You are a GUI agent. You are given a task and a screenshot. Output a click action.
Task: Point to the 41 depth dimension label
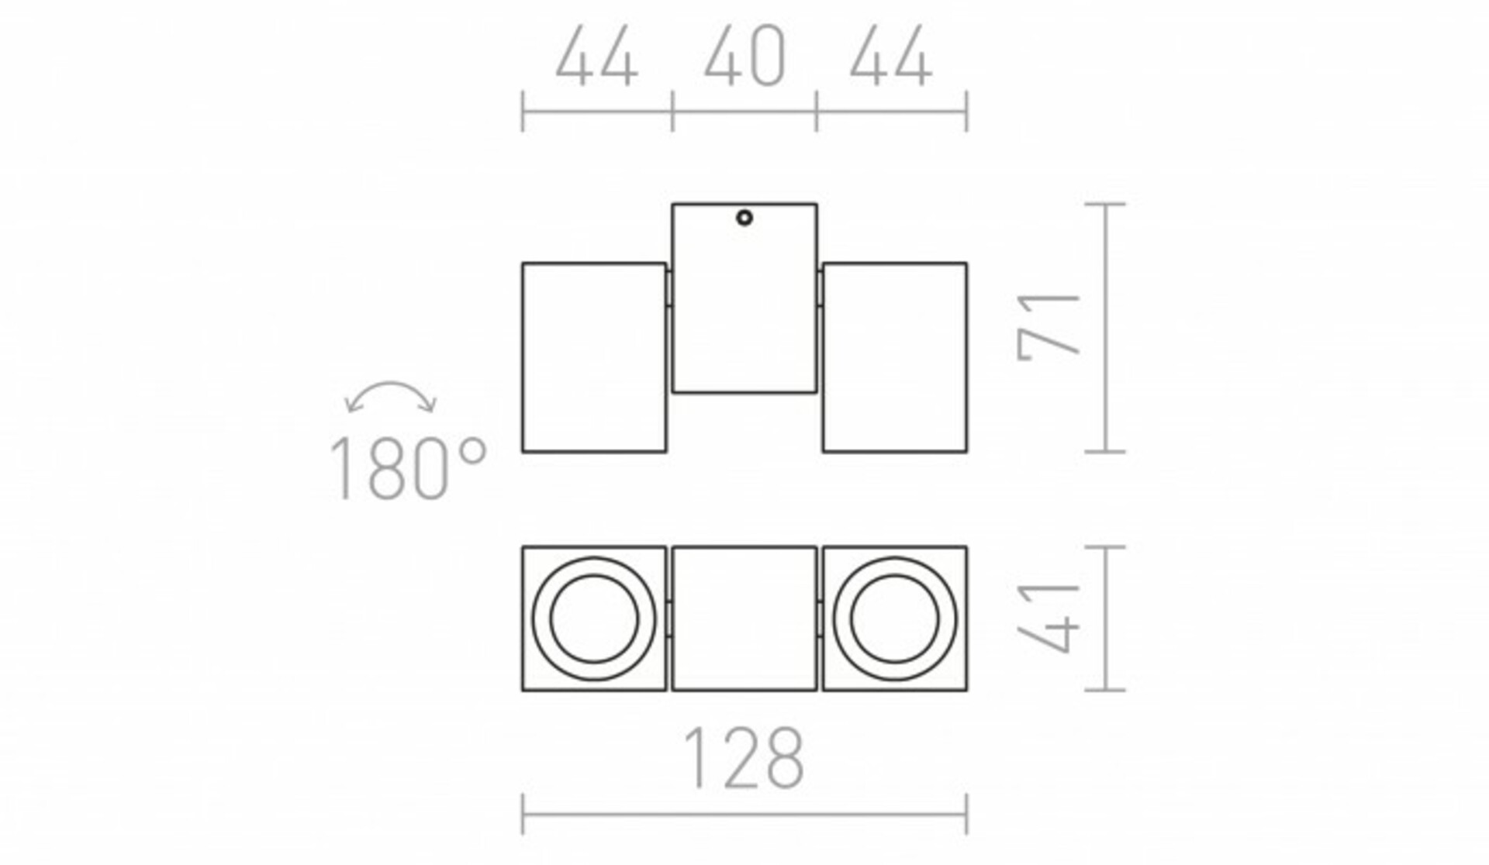pos(1049,618)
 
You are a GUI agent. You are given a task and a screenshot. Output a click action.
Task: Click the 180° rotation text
pos(408,468)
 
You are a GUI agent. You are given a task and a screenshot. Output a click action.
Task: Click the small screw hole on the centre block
pos(744,218)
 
